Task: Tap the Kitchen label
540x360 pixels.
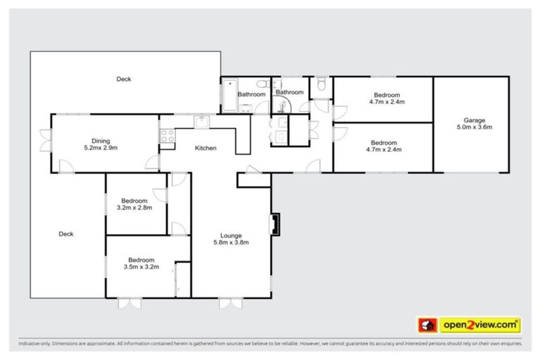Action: (205, 148)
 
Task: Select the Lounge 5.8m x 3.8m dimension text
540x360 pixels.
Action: (231, 243)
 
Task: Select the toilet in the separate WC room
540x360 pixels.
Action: (321, 84)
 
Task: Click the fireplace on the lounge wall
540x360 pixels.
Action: (274, 224)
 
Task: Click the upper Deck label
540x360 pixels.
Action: (124, 79)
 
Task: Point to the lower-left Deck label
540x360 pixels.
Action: (66, 234)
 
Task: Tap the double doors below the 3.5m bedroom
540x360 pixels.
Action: (129, 303)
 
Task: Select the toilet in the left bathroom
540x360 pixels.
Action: (245, 108)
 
